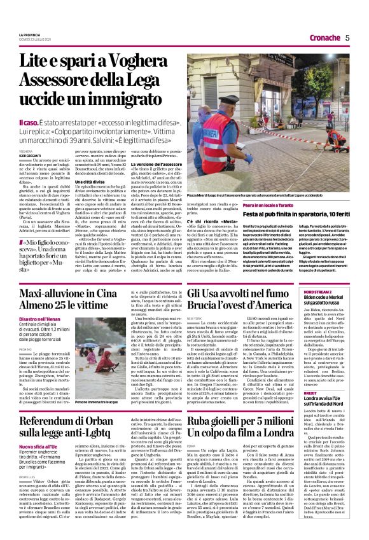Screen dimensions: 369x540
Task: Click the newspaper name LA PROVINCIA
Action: point(29,34)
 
